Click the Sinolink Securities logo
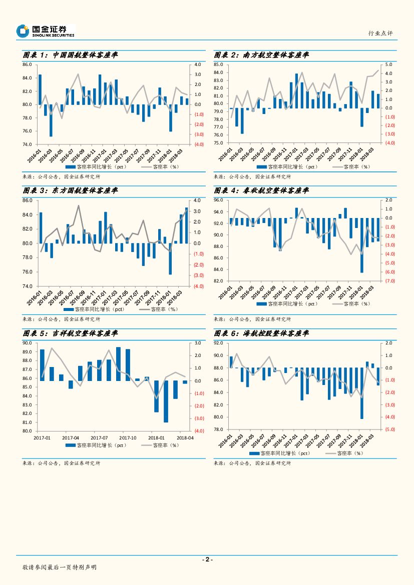(x=45, y=31)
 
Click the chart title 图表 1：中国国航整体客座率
(x=70, y=55)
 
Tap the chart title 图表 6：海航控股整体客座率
(x=261, y=333)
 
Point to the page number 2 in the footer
(x=207, y=559)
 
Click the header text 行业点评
(x=380, y=33)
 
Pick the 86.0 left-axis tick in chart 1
(x=28, y=65)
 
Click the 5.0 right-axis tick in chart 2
(x=388, y=65)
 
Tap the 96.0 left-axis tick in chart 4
(x=219, y=200)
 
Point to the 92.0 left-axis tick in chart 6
(x=219, y=343)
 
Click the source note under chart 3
(x=62, y=319)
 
